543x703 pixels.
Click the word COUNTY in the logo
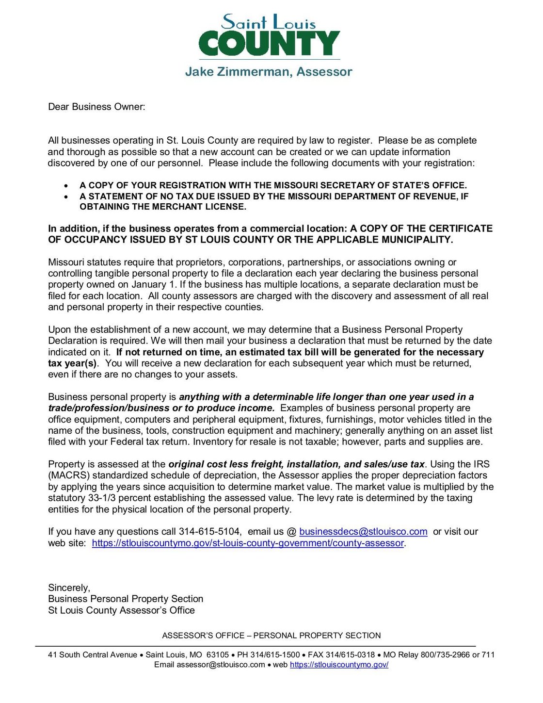[269, 44]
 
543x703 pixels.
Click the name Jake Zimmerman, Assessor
[269, 72]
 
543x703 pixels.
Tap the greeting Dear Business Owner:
[96, 107]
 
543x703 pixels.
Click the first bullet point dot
[66, 186]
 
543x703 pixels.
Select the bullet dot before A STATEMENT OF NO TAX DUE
[66, 197]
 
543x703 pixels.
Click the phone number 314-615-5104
[209, 532]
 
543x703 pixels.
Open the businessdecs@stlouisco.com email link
[363, 532]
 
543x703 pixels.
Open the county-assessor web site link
[248, 543]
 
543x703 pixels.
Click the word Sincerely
[69, 588]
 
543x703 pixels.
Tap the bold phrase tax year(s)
[72, 363]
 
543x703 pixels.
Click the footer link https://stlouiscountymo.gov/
[339, 665]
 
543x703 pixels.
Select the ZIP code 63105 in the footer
[217, 655]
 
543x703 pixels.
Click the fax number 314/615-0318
[350, 655]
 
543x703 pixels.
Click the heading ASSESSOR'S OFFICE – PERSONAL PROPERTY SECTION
[271, 636]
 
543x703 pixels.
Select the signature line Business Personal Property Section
[126, 599]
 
